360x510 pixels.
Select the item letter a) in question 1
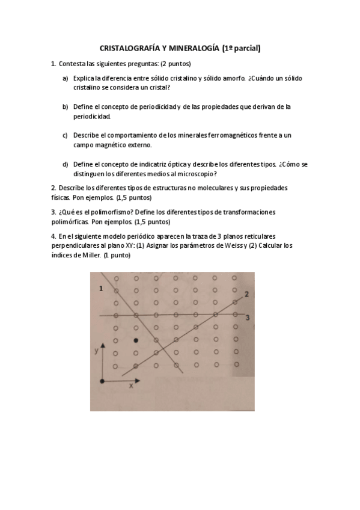click(x=65, y=78)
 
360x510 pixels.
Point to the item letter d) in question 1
click(x=65, y=164)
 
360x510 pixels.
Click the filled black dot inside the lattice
click(x=136, y=340)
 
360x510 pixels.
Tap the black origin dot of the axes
click(x=103, y=381)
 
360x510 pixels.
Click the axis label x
click(x=131, y=386)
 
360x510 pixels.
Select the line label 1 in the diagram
click(x=101, y=290)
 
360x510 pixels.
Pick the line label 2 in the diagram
click(x=246, y=293)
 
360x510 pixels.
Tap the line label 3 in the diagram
click(x=246, y=316)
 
